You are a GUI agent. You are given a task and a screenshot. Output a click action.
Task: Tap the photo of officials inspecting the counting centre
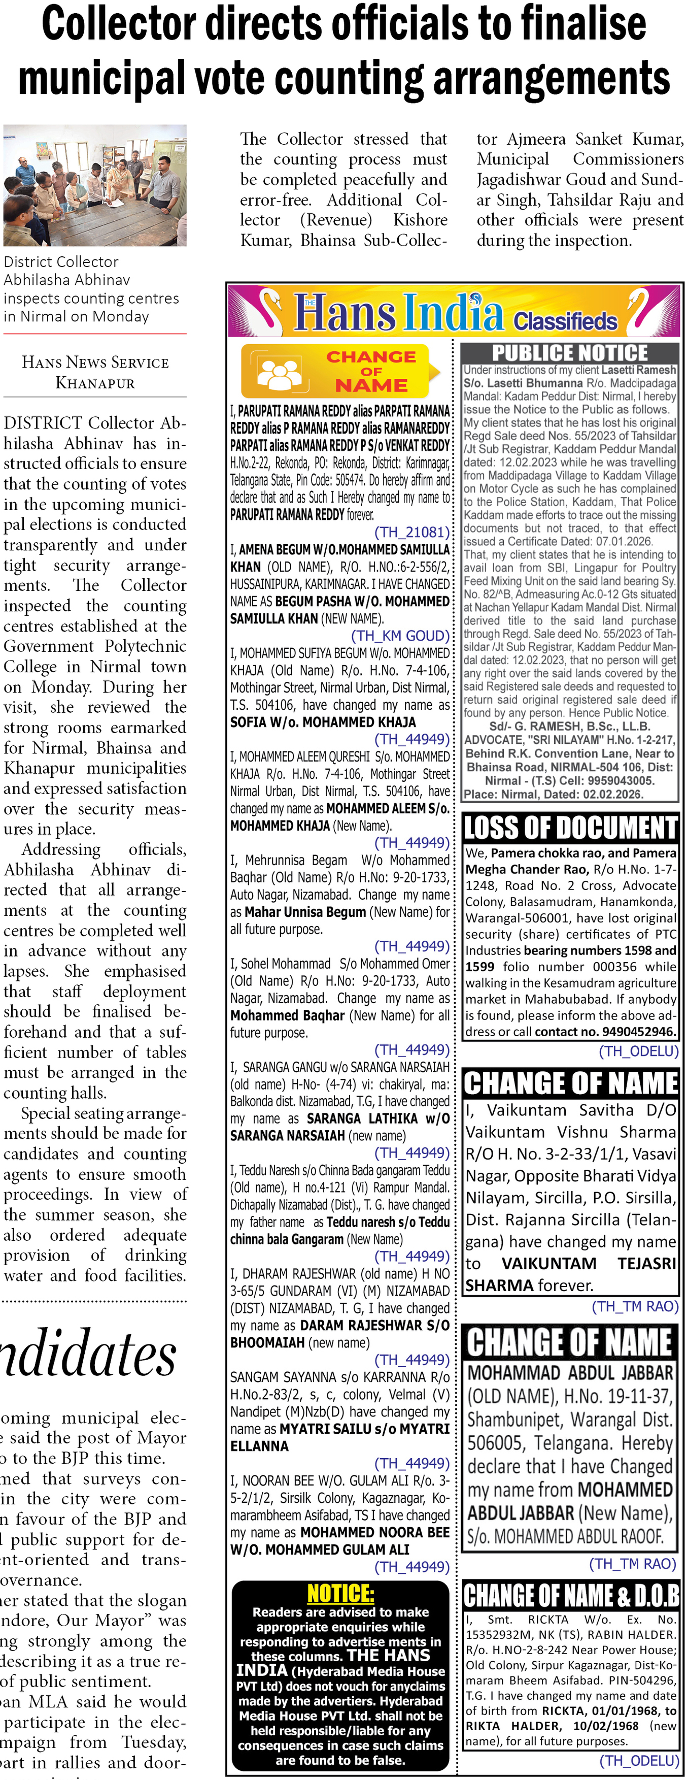94,185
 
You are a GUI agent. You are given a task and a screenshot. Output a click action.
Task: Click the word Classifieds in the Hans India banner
565,321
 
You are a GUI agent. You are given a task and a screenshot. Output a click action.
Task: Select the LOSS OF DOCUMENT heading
570,827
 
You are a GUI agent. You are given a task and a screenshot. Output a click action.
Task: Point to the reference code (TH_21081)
411,532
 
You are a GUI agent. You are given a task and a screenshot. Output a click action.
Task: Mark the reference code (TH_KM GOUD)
400,636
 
